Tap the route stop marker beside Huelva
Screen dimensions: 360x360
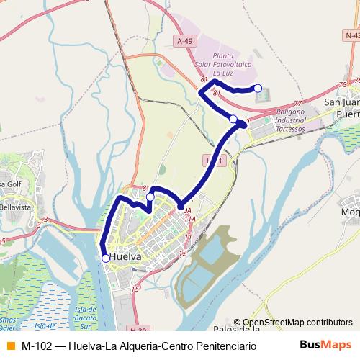point(106,258)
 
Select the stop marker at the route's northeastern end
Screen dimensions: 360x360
point(258,89)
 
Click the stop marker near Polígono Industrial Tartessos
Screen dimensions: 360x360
point(233,119)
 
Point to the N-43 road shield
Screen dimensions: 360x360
point(351,35)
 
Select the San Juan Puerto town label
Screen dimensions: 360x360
point(341,108)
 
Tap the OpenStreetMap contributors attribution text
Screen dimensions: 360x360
point(297,323)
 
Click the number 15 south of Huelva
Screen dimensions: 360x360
point(135,289)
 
